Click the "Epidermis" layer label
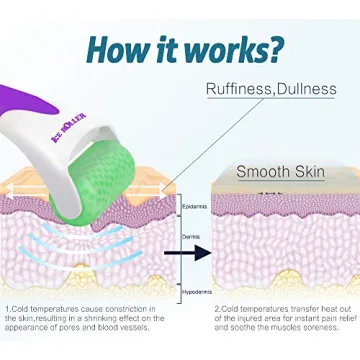point(196,207)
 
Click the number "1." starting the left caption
point(8,310)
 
